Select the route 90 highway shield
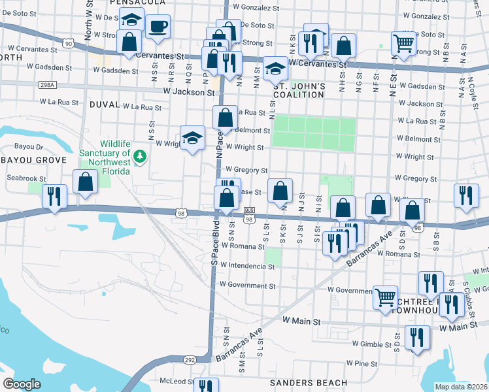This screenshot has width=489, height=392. point(68,43)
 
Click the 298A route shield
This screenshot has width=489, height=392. point(47,85)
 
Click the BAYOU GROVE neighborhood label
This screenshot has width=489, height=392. point(33,160)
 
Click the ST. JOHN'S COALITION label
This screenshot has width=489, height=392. point(298,91)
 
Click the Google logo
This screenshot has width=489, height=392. point(22,384)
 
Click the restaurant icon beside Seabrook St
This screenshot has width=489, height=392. point(54,195)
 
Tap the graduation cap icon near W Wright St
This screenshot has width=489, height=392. point(192,138)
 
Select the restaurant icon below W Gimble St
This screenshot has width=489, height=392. point(416,337)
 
